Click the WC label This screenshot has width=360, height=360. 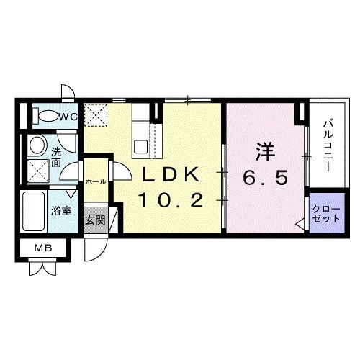pyautogui.click(x=68, y=116)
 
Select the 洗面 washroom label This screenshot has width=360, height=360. pyautogui.click(x=55, y=157)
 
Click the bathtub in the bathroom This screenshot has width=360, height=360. pyautogui.click(x=33, y=210)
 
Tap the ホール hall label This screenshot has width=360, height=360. pyautogui.click(x=96, y=181)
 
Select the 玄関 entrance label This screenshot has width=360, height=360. pyautogui.click(x=95, y=219)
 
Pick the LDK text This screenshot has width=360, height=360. pyautogui.click(x=170, y=175)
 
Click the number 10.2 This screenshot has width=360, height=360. pyautogui.click(x=170, y=200)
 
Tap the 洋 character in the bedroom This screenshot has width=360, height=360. pyautogui.click(x=264, y=153)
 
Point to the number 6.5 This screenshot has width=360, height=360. pyautogui.click(x=265, y=177)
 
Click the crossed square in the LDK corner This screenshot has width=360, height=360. pyautogui.click(x=95, y=114)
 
